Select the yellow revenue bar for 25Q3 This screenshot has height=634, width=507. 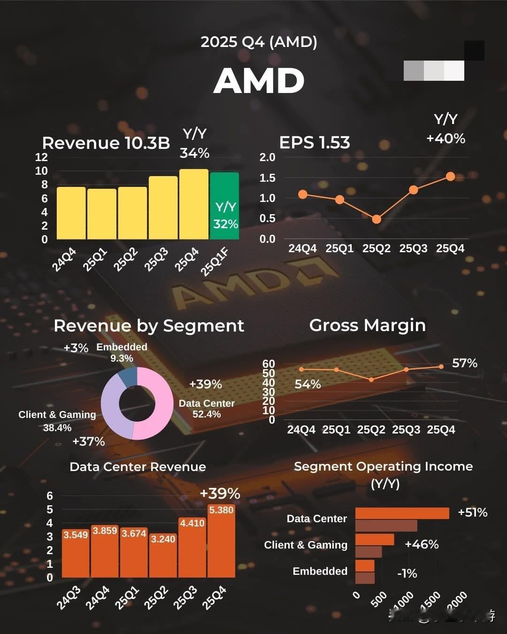pyautogui.click(x=163, y=208)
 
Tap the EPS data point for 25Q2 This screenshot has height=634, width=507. pyautogui.click(x=376, y=219)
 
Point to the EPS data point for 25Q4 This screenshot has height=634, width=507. pyautogui.click(x=450, y=177)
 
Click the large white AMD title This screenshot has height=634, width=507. pyautogui.click(x=259, y=80)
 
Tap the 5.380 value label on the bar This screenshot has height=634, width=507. pyautogui.click(x=221, y=510)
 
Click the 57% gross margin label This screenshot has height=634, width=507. pyautogui.click(x=464, y=363)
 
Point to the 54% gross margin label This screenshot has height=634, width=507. pyautogui.click(x=307, y=384)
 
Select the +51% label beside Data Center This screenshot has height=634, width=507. pyautogui.click(x=472, y=512)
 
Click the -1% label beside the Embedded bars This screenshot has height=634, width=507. pyautogui.click(x=407, y=573)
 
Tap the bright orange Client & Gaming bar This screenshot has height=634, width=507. pyautogui.click(x=375, y=539)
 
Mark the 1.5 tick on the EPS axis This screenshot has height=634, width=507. pyautogui.click(x=268, y=178)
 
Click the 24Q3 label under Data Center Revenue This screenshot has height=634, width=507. pyautogui.click(x=69, y=598)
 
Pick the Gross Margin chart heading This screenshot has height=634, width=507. pyautogui.click(x=367, y=325)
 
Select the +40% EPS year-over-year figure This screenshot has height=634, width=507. pyautogui.click(x=446, y=139)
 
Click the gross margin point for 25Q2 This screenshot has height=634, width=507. pyautogui.click(x=371, y=379)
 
